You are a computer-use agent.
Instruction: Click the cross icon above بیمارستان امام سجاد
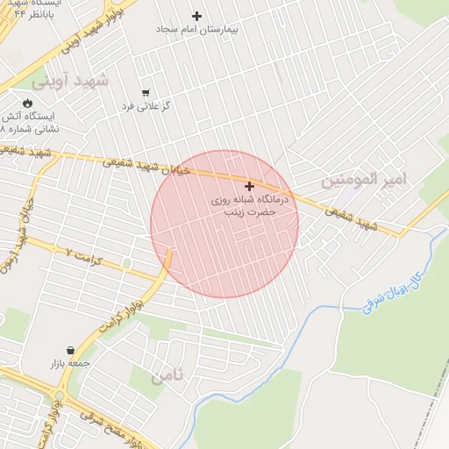click(196, 16)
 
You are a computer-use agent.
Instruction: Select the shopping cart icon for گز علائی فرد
click(146, 92)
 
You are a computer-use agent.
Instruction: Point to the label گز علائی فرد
click(146, 105)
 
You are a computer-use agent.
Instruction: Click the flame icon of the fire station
click(27, 103)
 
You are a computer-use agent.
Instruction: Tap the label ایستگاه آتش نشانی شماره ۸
click(33, 122)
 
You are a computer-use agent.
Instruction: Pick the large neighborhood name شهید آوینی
click(70, 82)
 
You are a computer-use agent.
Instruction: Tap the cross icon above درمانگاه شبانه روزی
click(250, 186)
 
